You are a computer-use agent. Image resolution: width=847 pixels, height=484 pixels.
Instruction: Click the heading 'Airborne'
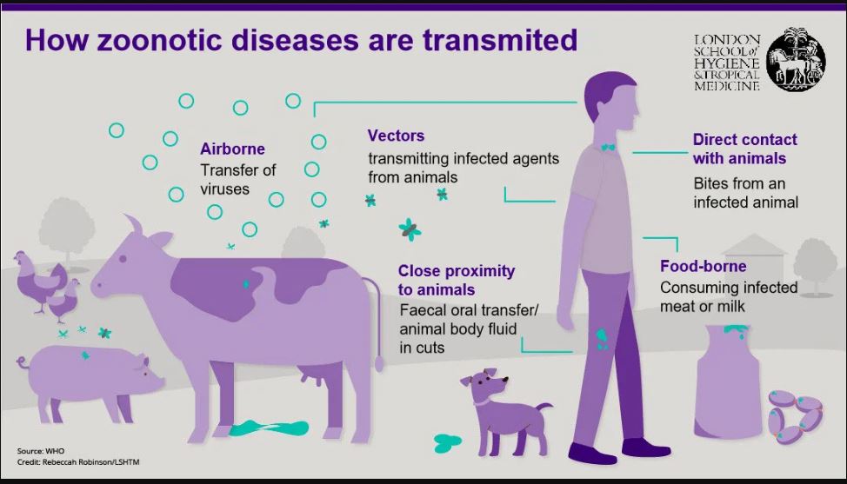coord(232,149)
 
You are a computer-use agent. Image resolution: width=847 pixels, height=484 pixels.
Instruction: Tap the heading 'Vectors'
coord(396,136)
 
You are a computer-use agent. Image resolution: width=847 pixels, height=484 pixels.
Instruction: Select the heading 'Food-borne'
coord(703,266)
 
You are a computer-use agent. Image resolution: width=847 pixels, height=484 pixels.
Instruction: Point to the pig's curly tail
coord(23,362)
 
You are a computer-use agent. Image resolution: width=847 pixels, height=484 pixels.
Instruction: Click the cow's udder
coord(310,375)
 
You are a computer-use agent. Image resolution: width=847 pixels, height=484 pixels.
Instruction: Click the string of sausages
coord(795,417)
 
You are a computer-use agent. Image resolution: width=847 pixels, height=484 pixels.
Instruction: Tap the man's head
coord(612,99)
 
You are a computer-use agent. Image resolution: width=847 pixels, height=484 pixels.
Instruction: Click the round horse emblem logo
coord(795,59)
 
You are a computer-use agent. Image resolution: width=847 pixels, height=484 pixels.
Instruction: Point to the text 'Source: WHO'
coord(41,451)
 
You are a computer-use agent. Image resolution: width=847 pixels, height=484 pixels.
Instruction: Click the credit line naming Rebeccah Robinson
coord(78,462)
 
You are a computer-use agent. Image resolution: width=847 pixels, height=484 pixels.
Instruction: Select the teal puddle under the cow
coord(269,428)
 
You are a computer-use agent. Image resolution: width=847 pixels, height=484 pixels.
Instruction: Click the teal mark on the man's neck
coord(608,146)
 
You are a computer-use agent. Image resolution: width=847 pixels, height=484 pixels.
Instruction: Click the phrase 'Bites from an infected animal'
coord(745,193)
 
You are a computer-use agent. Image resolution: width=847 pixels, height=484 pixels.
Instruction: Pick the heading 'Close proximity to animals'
coord(457,280)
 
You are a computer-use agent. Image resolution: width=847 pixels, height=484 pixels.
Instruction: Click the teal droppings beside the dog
coord(447,442)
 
